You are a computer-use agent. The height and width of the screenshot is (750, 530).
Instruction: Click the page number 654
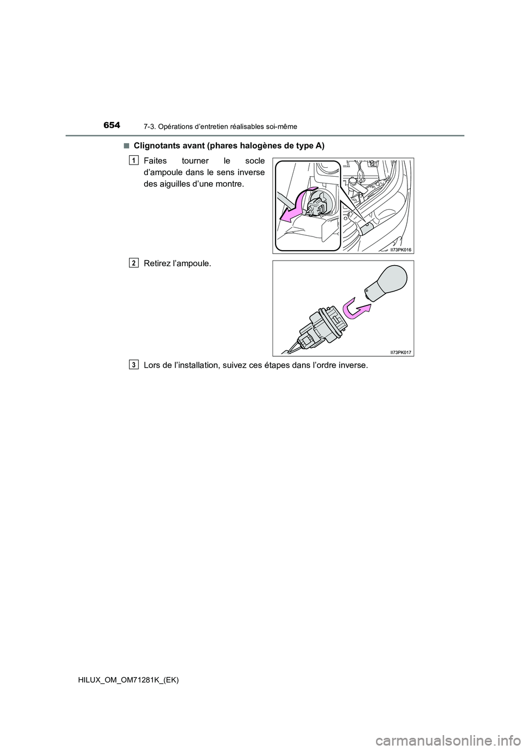tap(127, 125)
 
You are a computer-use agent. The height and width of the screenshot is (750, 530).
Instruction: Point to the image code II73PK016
tap(401, 249)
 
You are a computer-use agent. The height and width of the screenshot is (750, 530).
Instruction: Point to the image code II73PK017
tap(401, 352)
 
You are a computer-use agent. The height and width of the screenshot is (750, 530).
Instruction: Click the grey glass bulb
tap(386, 282)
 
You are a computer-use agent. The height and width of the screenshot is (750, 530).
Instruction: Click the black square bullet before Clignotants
tap(126, 145)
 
